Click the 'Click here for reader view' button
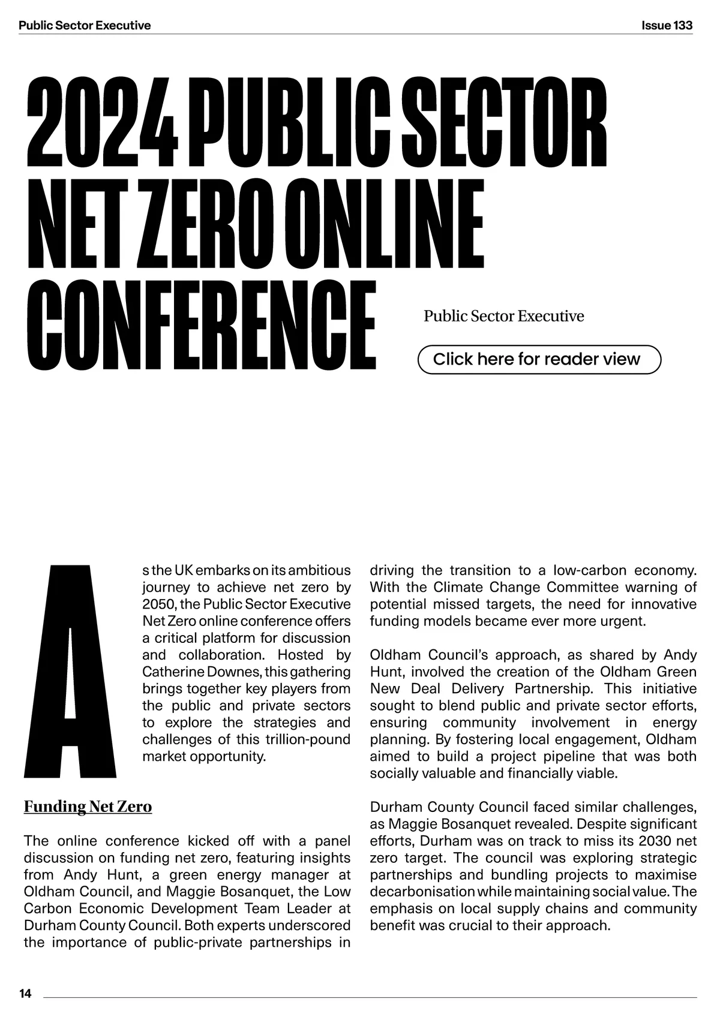538,359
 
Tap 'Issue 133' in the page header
667,25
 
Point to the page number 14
25,994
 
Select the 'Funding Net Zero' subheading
88,807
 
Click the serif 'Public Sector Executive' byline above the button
503,316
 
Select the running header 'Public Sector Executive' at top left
85,25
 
